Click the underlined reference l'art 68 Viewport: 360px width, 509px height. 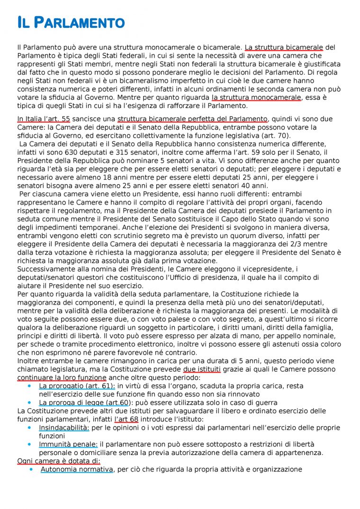(x=126, y=420)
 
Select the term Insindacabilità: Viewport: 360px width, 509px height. (x=64, y=428)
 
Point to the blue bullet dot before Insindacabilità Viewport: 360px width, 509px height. (x=30, y=428)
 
